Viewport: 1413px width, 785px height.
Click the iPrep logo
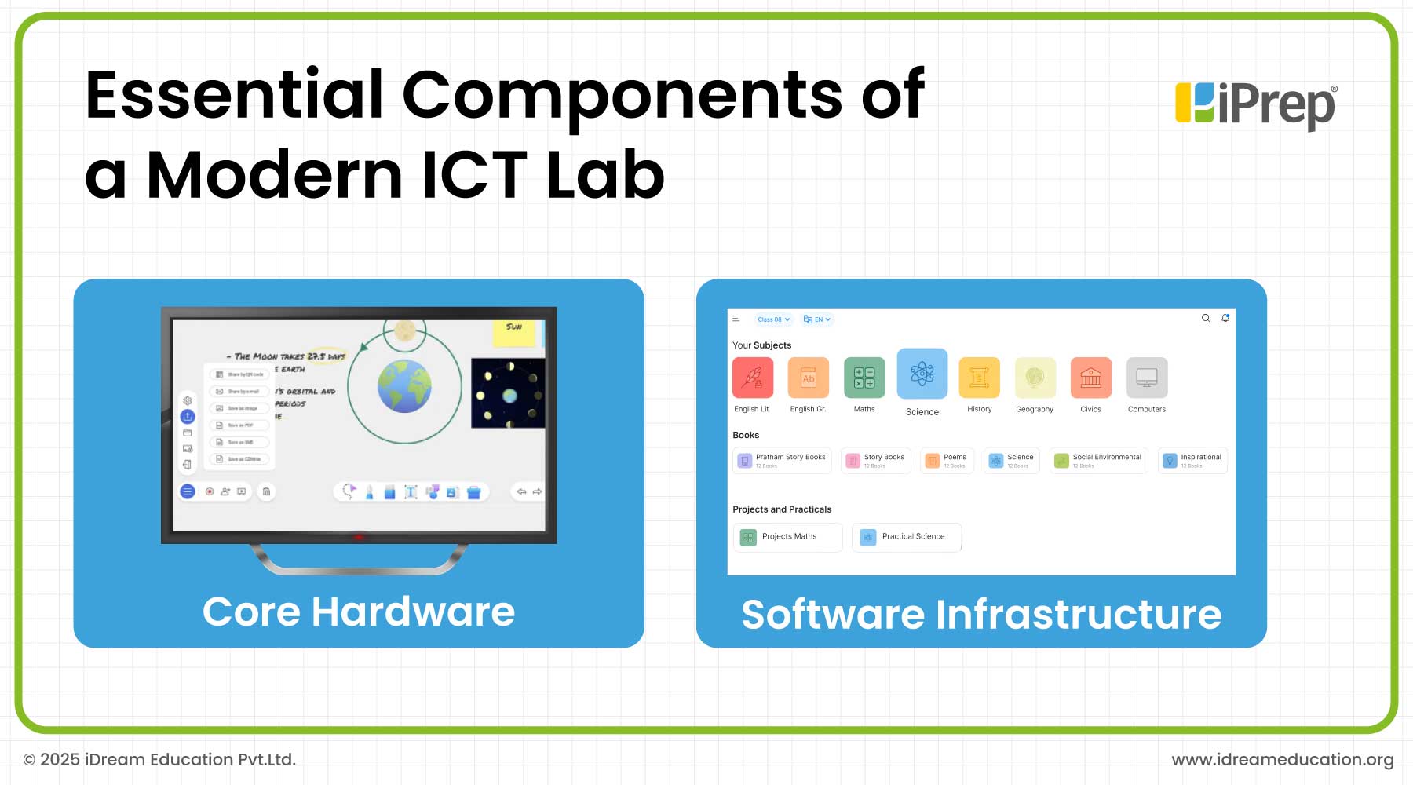(x=1254, y=105)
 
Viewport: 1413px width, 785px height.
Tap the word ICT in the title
(x=475, y=174)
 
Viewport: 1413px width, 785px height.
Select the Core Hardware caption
(x=359, y=612)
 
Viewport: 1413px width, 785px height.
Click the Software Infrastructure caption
(x=981, y=614)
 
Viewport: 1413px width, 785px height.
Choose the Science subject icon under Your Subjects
(x=922, y=374)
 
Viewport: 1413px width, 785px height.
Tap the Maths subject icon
(x=864, y=378)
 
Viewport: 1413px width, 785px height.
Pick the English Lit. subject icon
(x=753, y=378)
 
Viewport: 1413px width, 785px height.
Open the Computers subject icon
(x=1147, y=378)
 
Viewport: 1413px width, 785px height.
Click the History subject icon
(x=980, y=378)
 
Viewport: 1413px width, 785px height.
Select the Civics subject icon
(x=1090, y=378)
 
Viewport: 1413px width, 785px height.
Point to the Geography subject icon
(x=1035, y=378)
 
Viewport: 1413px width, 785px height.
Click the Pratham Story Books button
(x=783, y=461)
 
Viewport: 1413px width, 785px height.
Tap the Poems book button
(x=947, y=461)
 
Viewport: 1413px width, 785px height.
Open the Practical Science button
(x=907, y=537)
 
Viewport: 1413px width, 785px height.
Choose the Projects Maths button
(x=787, y=537)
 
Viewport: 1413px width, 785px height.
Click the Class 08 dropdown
(x=773, y=319)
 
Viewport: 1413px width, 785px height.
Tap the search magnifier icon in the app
(x=1206, y=318)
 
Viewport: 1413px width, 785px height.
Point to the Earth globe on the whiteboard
(x=404, y=386)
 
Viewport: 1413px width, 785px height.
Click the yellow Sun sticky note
(x=515, y=332)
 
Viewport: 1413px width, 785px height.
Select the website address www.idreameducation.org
(x=1283, y=760)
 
